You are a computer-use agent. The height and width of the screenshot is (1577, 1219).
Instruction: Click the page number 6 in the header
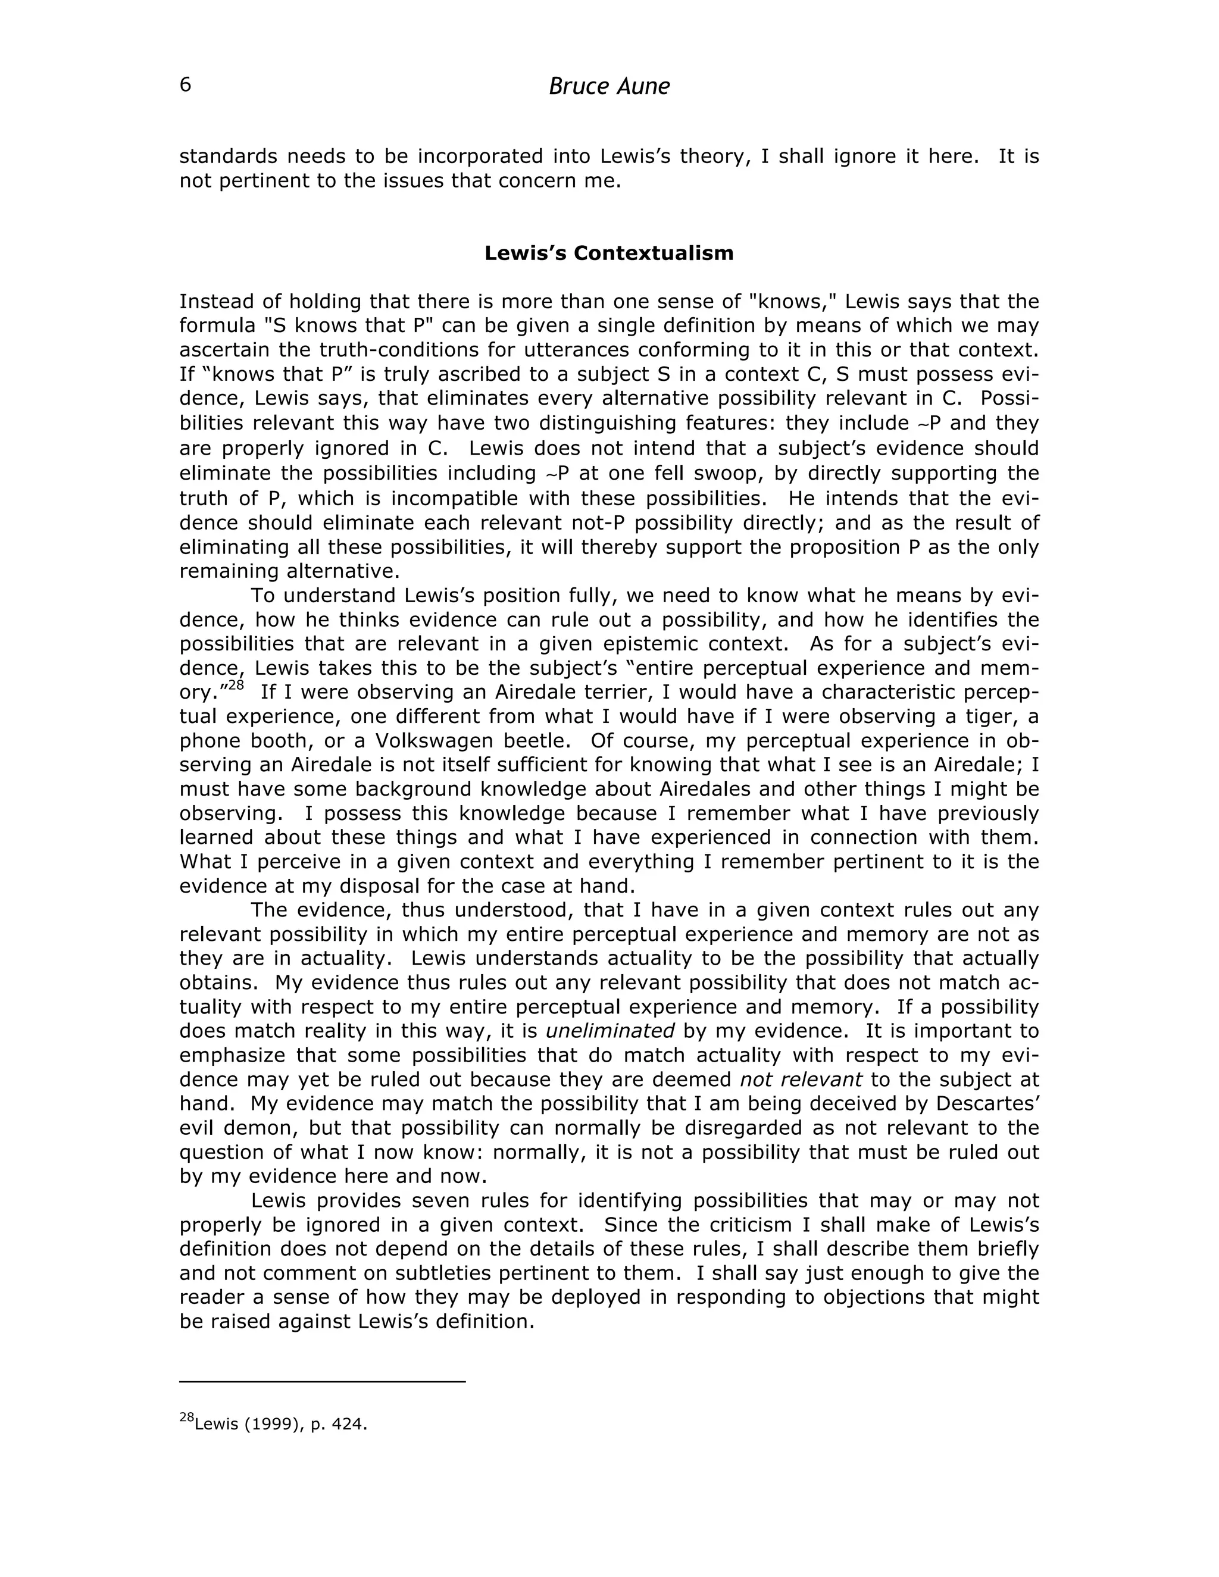click(186, 85)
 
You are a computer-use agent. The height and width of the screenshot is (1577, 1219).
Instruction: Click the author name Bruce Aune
click(609, 87)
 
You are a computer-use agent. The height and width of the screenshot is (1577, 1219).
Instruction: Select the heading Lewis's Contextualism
click(609, 254)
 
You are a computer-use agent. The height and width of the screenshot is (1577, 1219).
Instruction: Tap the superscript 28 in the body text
click(236, 685)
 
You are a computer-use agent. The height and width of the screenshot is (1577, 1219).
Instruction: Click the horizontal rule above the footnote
click(322, 1382)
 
